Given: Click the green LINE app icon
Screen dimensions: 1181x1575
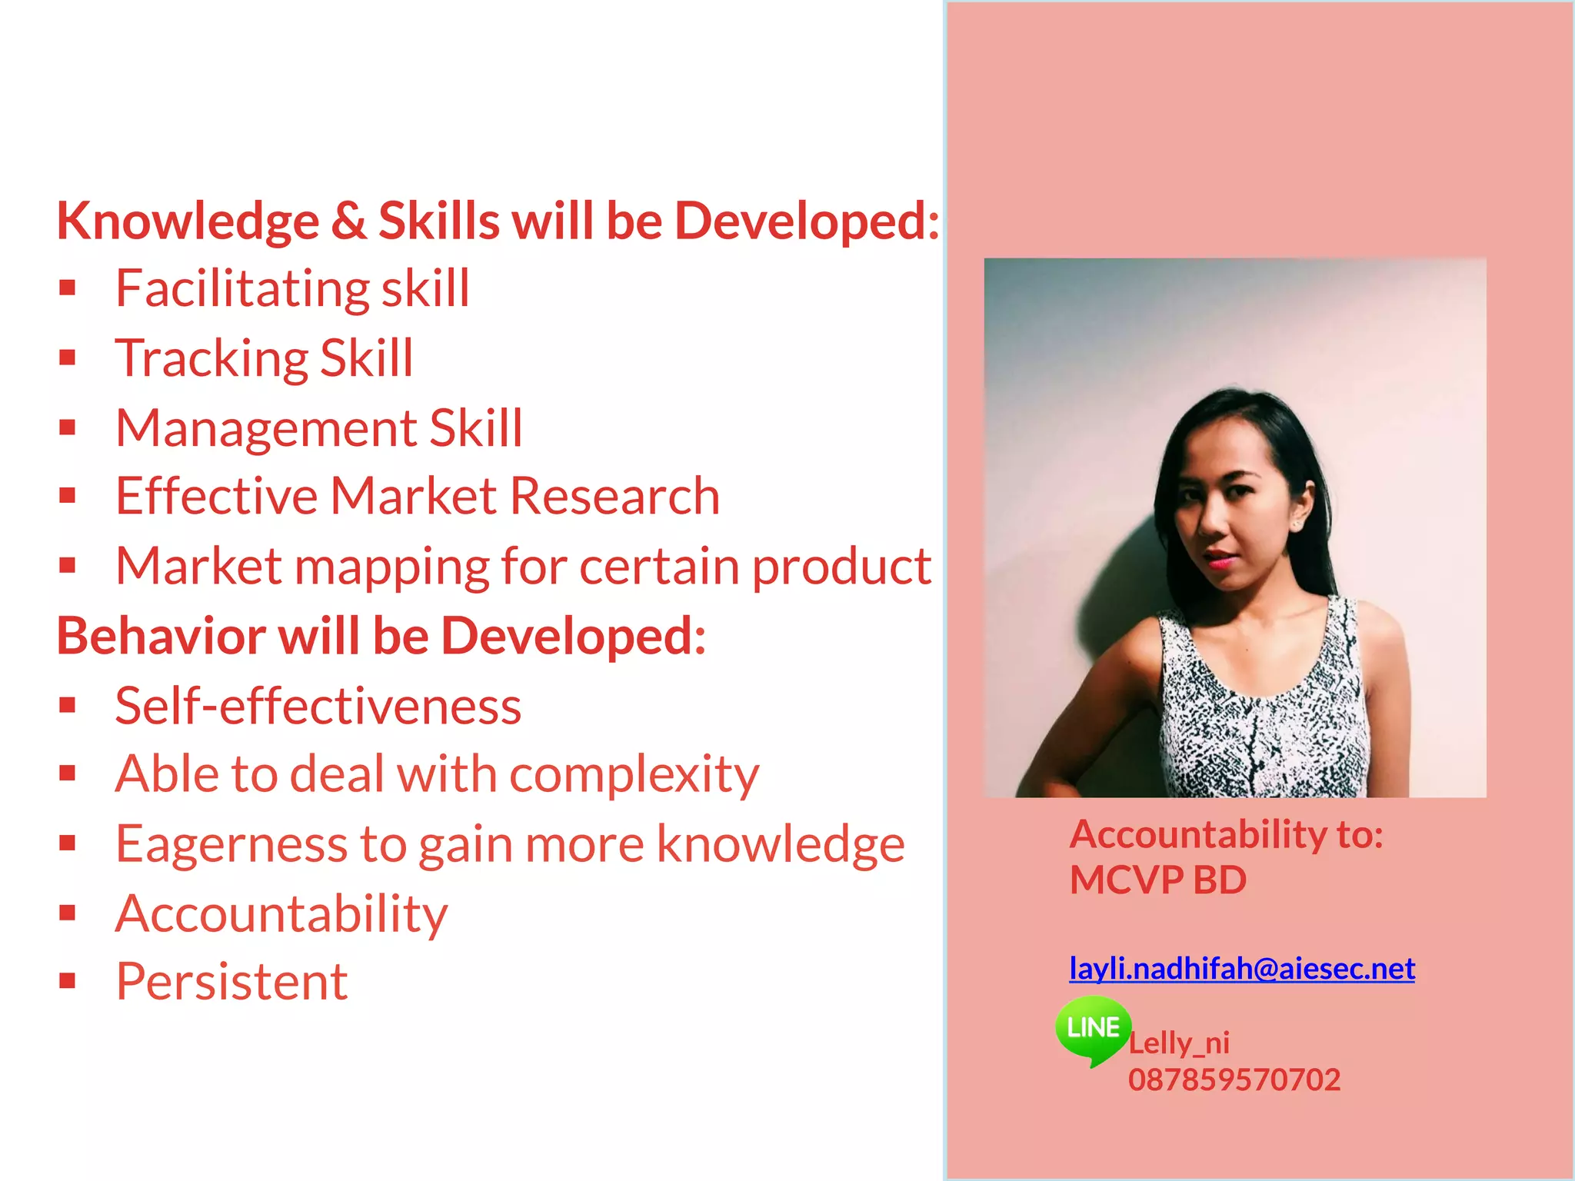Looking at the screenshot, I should pos(1093,1028).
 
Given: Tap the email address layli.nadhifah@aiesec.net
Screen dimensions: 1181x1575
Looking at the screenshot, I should pos(1241,969).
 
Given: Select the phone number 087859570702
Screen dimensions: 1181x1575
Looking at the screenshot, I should pos(1234,1080).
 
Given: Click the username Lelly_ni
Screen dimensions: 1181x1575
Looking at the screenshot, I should pos(1179,1043).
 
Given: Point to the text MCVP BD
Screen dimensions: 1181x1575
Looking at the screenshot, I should pos(1157,880).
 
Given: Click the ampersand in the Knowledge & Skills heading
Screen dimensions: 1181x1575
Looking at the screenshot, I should pos(348,221).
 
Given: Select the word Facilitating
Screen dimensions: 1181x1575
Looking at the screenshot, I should pos(241,289).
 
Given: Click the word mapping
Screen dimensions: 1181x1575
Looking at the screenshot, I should pos(391,567).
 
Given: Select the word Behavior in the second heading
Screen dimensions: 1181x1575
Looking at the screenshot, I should pos(161,637).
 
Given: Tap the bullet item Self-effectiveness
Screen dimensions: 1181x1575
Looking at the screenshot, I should pos(318,706).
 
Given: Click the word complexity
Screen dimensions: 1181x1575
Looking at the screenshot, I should pos(634,775).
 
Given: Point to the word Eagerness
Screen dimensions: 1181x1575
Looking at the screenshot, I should pos(231,844).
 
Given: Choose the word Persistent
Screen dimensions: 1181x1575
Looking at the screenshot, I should pos(231,982).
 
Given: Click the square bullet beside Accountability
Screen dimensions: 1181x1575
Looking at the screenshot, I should pos(68,913).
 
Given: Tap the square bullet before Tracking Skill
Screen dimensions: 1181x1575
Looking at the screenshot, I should pos(68,358).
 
